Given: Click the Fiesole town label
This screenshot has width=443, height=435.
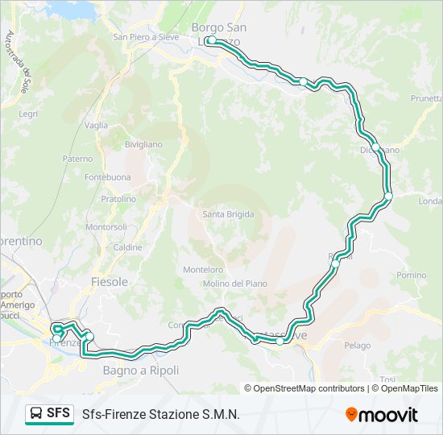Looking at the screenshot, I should [110, 282].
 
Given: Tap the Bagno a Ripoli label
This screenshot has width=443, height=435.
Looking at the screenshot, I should [141, 370].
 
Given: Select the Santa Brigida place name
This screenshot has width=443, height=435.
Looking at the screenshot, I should [228, 214].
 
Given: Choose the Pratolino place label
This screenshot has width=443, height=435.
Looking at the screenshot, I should [118, 198].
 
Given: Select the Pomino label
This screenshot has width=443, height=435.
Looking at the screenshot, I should [411, 275].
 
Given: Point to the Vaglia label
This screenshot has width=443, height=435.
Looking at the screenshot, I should [96, 125].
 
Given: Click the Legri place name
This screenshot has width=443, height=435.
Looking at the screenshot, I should [28, 114].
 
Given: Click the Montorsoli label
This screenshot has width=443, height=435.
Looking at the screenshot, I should [106, 227].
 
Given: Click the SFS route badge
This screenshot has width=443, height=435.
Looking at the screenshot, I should [48, 413].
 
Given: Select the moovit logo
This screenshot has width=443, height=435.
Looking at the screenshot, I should [382, 414].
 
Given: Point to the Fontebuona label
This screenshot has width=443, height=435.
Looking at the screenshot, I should [107, 177].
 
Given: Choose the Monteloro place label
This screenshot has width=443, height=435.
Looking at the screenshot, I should [203, 270].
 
